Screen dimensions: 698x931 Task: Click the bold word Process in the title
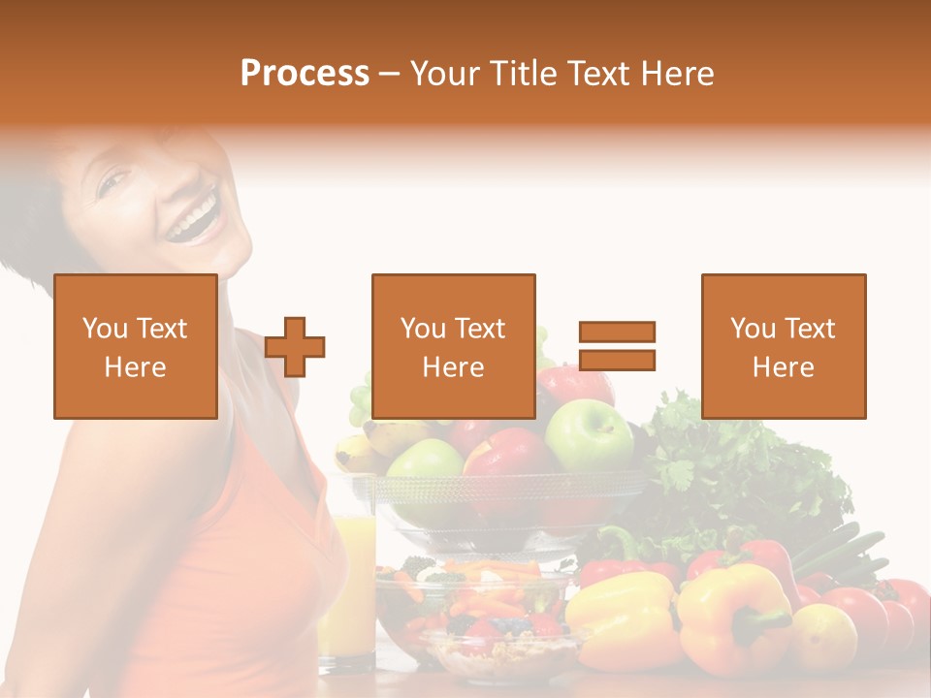point(305,74)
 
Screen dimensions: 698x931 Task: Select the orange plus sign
point(296,346)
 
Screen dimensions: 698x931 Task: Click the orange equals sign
point(617,346)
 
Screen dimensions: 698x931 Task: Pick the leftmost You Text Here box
point(136,346)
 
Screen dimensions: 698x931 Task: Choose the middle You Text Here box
point(454,346)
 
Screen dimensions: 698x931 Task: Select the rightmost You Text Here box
point(784,346)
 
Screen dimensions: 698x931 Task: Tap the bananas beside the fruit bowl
point(359,451)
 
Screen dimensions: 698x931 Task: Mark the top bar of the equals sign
point(617,332)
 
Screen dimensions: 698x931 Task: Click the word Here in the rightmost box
point(784,366)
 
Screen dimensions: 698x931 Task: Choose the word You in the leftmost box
point(105,328)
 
